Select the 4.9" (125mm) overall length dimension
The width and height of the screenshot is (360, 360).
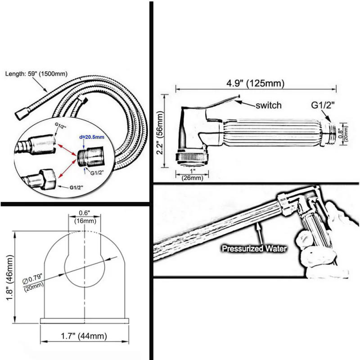pyautogui.click(x=255, y=84)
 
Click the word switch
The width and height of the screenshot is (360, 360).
pyautogui.click(x=268, y=105)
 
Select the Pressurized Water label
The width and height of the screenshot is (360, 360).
pyautogui.click(x=254, y=248)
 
